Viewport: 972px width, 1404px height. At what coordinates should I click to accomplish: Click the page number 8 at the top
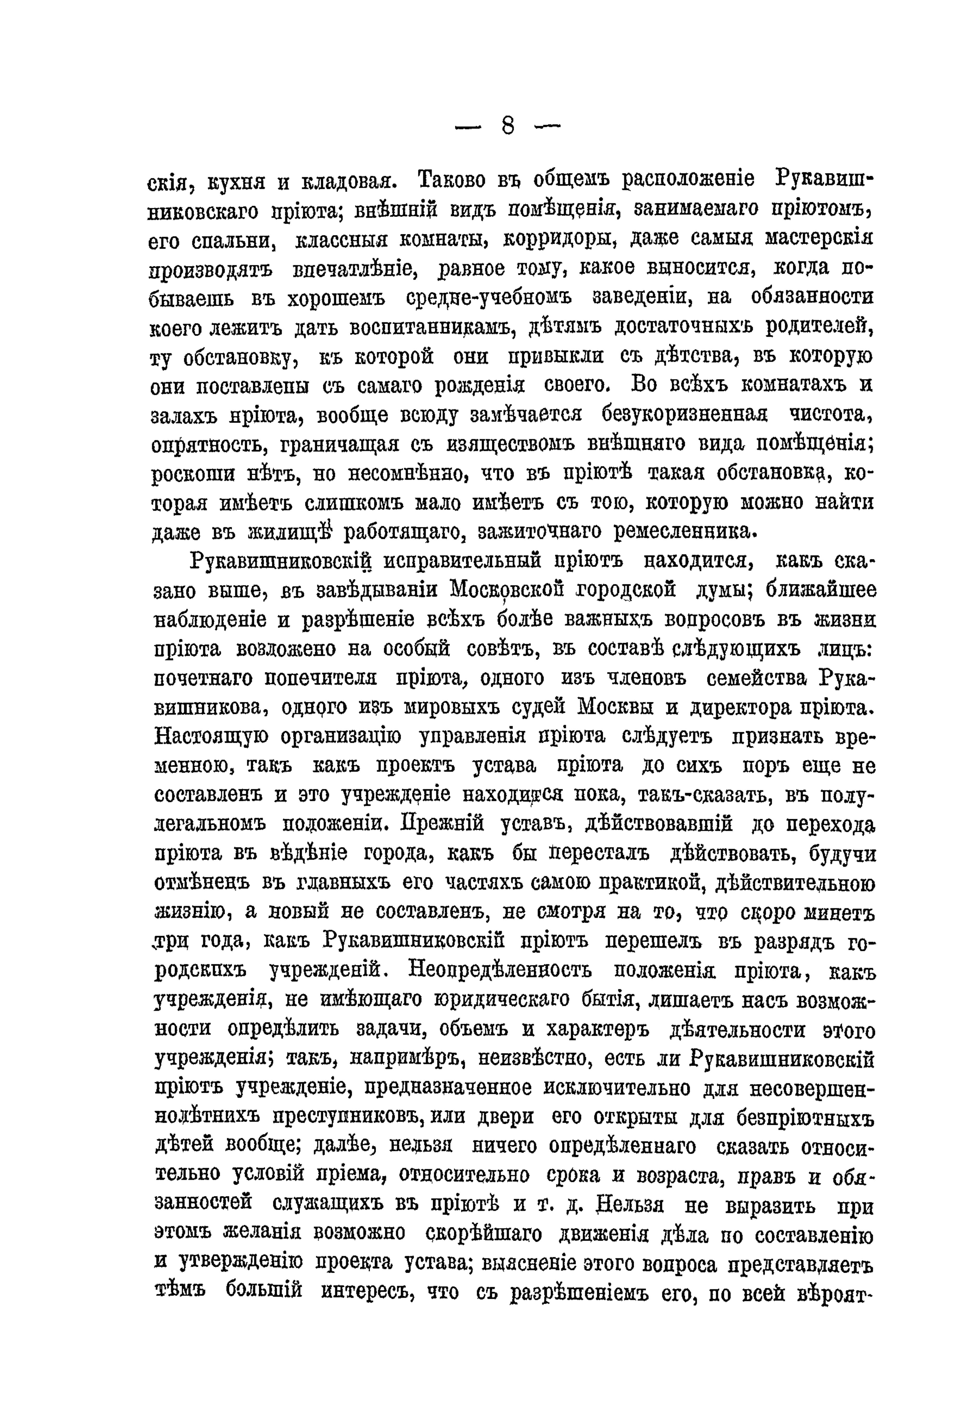[x=508, y=127]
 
